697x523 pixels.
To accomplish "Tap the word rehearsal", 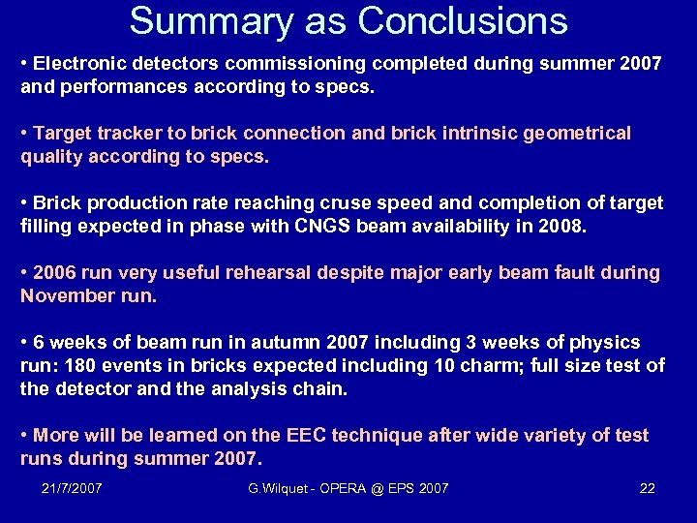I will click(287, 273).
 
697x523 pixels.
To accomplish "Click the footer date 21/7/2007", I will click(73, 488).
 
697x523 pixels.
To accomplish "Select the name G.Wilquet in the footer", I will click(279, 488).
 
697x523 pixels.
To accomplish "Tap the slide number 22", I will click(648, 488).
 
